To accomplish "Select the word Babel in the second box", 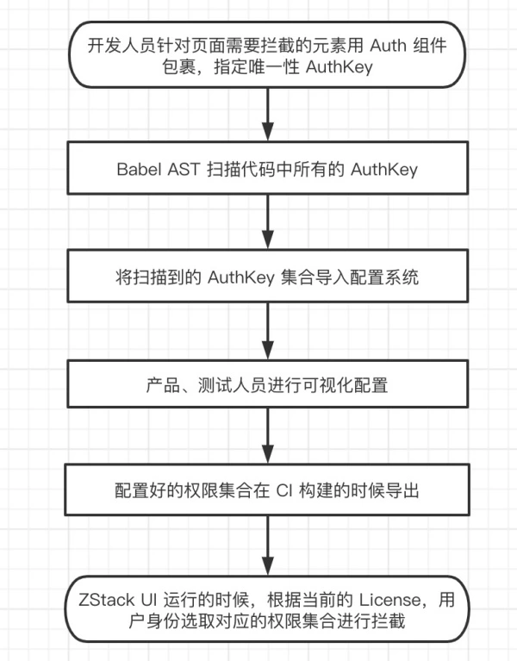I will click(138, 170).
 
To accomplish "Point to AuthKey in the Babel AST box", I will click(384, 170).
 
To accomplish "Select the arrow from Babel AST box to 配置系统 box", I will click(270, 223).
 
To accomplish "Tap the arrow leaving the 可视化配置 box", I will click(270, 437).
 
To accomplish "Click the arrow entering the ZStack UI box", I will click(270, 544).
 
